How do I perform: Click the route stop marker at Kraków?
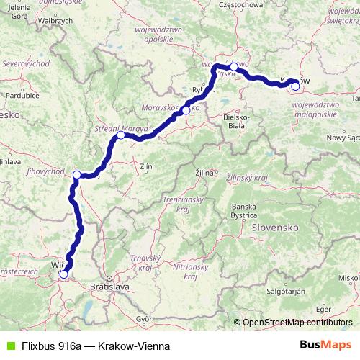pyautogui.click(x=295, y=86)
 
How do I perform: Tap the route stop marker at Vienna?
pyautogui.click(x=63, y=274)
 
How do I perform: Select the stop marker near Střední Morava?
pyautogui.click(x=121, y=135)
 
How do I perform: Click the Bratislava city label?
pyautogui.click(x=108, y=286)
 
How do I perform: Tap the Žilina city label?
pyautogui.click(x=206, y=173)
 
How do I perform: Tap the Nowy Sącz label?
pyautogui.click(x=342, y=137)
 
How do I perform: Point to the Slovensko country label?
pyautogui.click(x=275, y=226)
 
